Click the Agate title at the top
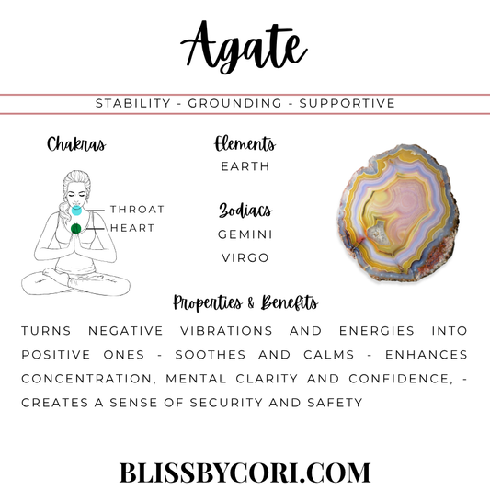click(x=244, y=47)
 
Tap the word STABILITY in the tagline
click(x=133, y=104)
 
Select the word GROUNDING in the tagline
click(x=234, y=104)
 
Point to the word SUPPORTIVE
click(x=348, y=104)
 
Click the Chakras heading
click(x=76, y=144)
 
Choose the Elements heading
click(x=245, y=143)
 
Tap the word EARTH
click(x=245, y=166)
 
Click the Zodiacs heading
click(x=245, y=211)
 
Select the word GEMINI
click(x=245, y=234)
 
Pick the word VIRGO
click(x=245, y=258)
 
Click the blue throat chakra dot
click(x=76, y=211)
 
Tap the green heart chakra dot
click(x=76, y=228)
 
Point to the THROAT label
click(x=137, y=210)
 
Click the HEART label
click(x=132, y=228)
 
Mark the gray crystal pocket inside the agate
click(x=379, y=234)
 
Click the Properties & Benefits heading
click(x=245, y=302)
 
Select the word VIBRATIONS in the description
click(x=226, y=331)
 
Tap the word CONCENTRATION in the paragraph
click(x=88, y=379)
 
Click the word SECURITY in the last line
click(x=226, y=403)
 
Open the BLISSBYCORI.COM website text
click(x=245, y=473)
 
